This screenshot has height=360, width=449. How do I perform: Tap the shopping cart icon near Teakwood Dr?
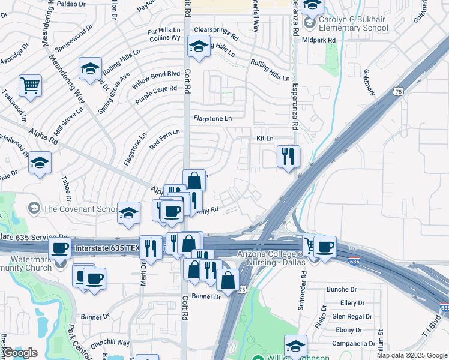[x=30, y=85]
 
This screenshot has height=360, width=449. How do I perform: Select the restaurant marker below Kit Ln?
[x=288, y=157]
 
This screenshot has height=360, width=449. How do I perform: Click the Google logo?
[x=20, y=353]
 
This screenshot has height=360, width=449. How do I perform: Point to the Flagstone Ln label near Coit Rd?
[x=212, y=118]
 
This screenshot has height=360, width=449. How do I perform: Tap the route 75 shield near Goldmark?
[x=399, y=91]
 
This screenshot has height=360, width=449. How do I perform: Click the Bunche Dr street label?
[x=342, y=289]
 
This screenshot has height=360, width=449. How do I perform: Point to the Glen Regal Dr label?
[x=352, y=316]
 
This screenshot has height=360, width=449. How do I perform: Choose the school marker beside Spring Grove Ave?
[x=90, y=68]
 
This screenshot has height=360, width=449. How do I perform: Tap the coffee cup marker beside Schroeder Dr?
[x=325, y=247]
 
